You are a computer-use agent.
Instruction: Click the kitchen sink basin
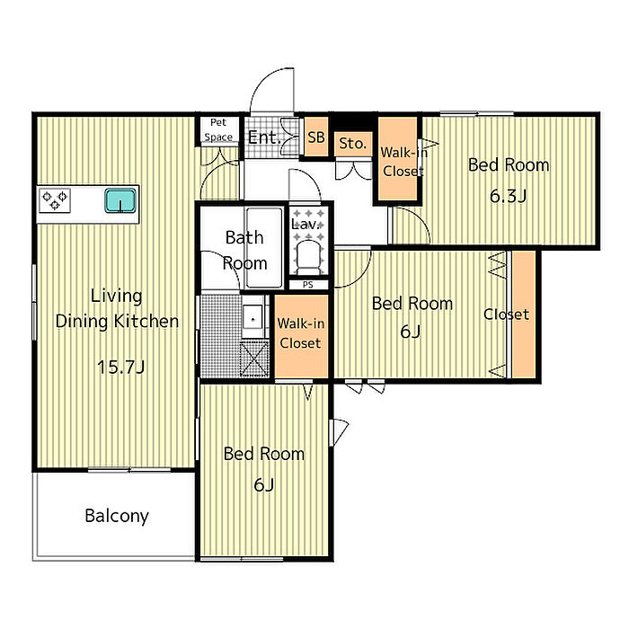coord(120,200)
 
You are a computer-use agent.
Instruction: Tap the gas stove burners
coord(55,200)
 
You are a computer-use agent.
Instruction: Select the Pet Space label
coord(218,129)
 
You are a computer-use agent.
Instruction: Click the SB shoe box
coord(316,137)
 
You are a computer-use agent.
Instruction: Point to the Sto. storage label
coord(352,143)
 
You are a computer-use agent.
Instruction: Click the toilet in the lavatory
coord(308,257)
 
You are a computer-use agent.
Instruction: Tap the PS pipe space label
coord(308,285)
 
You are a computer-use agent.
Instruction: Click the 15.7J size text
coord(120,367)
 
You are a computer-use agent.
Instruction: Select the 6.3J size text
coord(508,196)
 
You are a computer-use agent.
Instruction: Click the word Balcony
coord(117,516)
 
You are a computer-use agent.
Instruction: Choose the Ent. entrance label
coord(263,137)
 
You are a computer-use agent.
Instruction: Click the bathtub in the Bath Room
coord(264,247)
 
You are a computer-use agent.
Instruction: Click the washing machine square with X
coord(254,359)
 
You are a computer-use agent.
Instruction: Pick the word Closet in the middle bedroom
coord(506,314)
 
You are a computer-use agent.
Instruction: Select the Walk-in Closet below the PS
coord(301,336)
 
